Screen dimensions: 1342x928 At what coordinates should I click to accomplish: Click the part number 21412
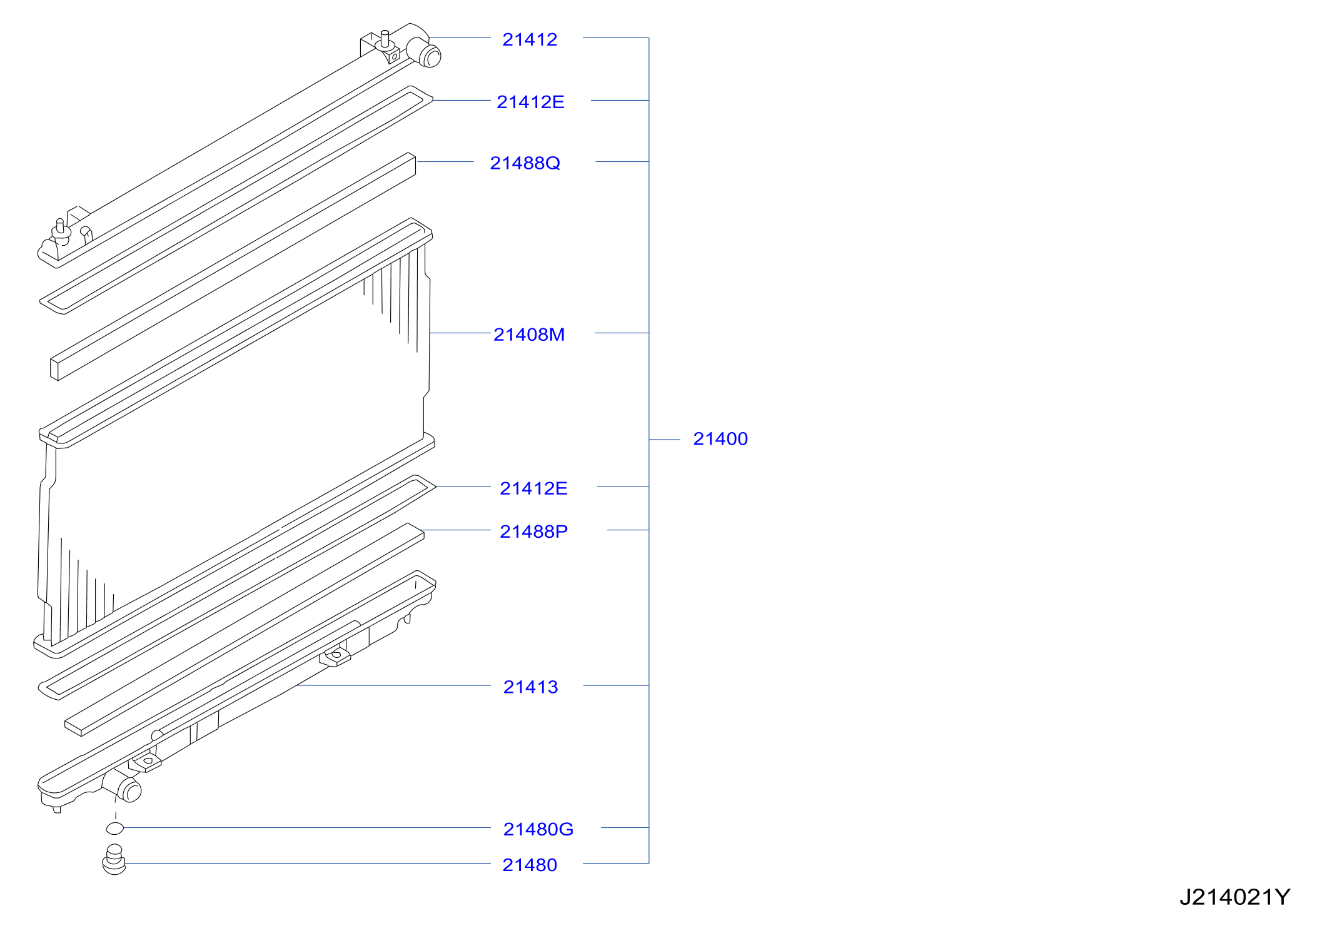(530, 39)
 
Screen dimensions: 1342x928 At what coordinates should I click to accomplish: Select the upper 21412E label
(530, 102)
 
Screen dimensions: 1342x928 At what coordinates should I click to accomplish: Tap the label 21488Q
(525, 163)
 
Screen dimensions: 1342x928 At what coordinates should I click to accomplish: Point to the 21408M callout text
(529, 335)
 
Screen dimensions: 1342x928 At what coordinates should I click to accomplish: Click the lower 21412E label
(533, 488)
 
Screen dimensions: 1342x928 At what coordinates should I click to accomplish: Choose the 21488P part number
(533, 532)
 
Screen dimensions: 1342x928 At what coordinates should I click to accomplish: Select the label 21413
(530, 687)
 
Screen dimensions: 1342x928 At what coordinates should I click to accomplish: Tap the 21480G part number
(538, 829)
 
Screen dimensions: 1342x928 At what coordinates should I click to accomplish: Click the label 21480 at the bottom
(530, 865)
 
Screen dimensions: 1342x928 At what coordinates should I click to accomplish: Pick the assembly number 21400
(720, 439)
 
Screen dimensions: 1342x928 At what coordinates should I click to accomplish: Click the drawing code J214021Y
(1234, 897)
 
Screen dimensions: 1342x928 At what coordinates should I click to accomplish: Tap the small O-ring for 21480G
(115, 829)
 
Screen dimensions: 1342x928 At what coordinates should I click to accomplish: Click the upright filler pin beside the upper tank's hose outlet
(385, 39)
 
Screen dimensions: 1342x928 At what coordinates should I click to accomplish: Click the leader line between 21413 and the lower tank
(393, 685)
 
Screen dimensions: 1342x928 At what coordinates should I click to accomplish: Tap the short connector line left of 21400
(665, 440)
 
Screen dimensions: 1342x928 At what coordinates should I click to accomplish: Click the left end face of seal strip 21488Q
(54, 369)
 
